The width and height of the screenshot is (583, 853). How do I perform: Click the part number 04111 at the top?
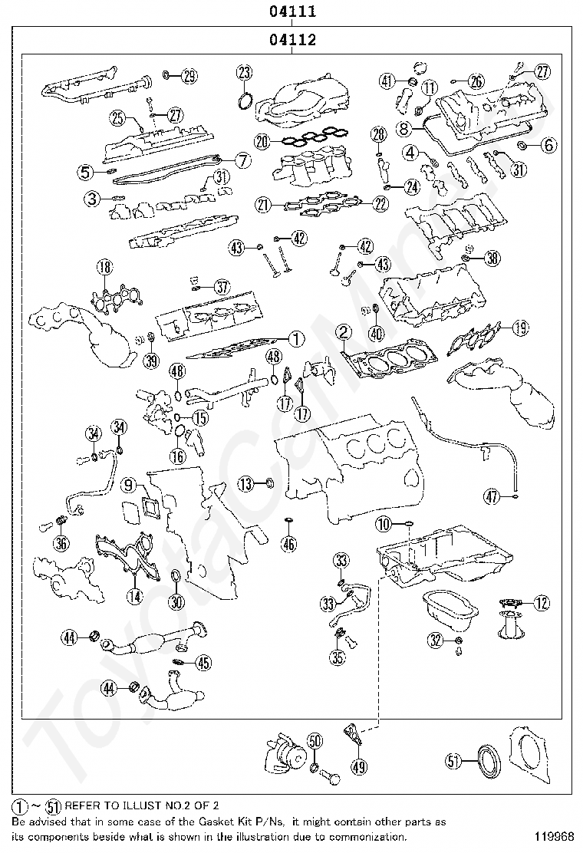(x=292, y=11)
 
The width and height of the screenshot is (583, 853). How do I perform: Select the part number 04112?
(x=292, y=40)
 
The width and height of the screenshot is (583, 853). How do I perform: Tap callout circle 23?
(x=245, y=72)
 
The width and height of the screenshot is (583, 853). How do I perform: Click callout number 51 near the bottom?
(x=453, y=762)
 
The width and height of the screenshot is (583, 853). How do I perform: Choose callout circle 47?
(x=492, y=496)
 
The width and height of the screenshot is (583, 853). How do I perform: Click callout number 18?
(x=104, y=267)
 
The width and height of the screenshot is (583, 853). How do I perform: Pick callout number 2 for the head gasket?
(x=344, y=332)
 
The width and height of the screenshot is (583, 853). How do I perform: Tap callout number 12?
(x=542, y=603)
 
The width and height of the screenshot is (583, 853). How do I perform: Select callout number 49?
(x=358, y=767)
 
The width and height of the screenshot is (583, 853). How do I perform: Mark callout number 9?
(x=128, y=484)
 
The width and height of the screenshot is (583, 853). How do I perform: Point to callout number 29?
(x=189, y=76)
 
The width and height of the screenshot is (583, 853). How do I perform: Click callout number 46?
(x=290, y=543)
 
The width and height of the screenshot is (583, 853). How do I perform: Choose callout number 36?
(x=61, y=542)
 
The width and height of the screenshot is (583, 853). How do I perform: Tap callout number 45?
(x=203, y=663)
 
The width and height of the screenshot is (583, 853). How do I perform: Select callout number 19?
(x=520, y=328)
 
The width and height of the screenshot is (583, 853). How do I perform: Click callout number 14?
(x=135, y=597)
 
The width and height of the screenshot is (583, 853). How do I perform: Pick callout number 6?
(x=548, y=145)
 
